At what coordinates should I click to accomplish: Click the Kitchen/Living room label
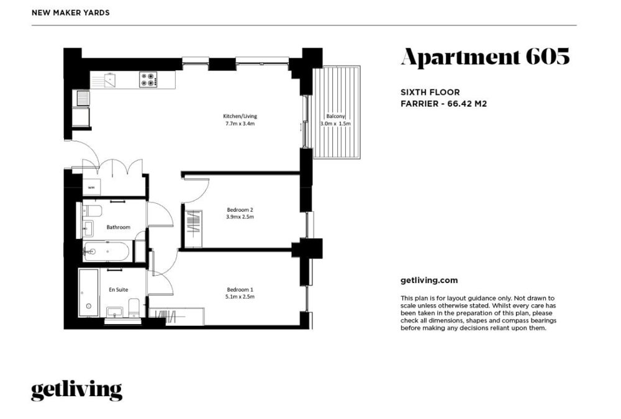[240, 116]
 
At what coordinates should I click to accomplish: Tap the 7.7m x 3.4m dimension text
[240, 124]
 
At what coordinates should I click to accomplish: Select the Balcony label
[336, 116]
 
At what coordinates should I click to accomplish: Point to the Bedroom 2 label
[240, 210]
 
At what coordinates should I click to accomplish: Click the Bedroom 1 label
[240, 289]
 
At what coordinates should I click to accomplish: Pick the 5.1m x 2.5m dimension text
[240, 297]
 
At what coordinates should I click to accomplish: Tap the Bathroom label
[119, 227]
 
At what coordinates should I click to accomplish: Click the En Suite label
[119, 289]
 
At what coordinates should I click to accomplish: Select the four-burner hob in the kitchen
[149, 79]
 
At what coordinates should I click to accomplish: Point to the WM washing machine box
[91, 187]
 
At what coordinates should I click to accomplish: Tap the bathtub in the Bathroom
[106, 251]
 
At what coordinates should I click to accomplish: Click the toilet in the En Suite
[134, 308]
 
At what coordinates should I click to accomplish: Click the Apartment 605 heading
[486, 57]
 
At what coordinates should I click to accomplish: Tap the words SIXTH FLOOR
[430, 92]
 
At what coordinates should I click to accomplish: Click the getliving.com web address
[429, 281]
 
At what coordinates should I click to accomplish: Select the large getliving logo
[76, 390]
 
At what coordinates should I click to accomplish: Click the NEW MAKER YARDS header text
[71, 12]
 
